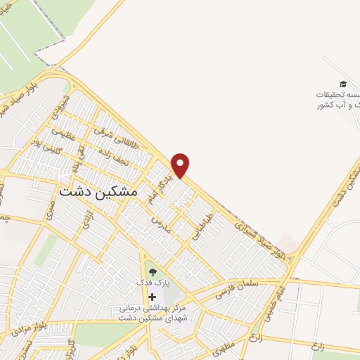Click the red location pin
[181, 165]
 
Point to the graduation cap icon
[342, 84]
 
